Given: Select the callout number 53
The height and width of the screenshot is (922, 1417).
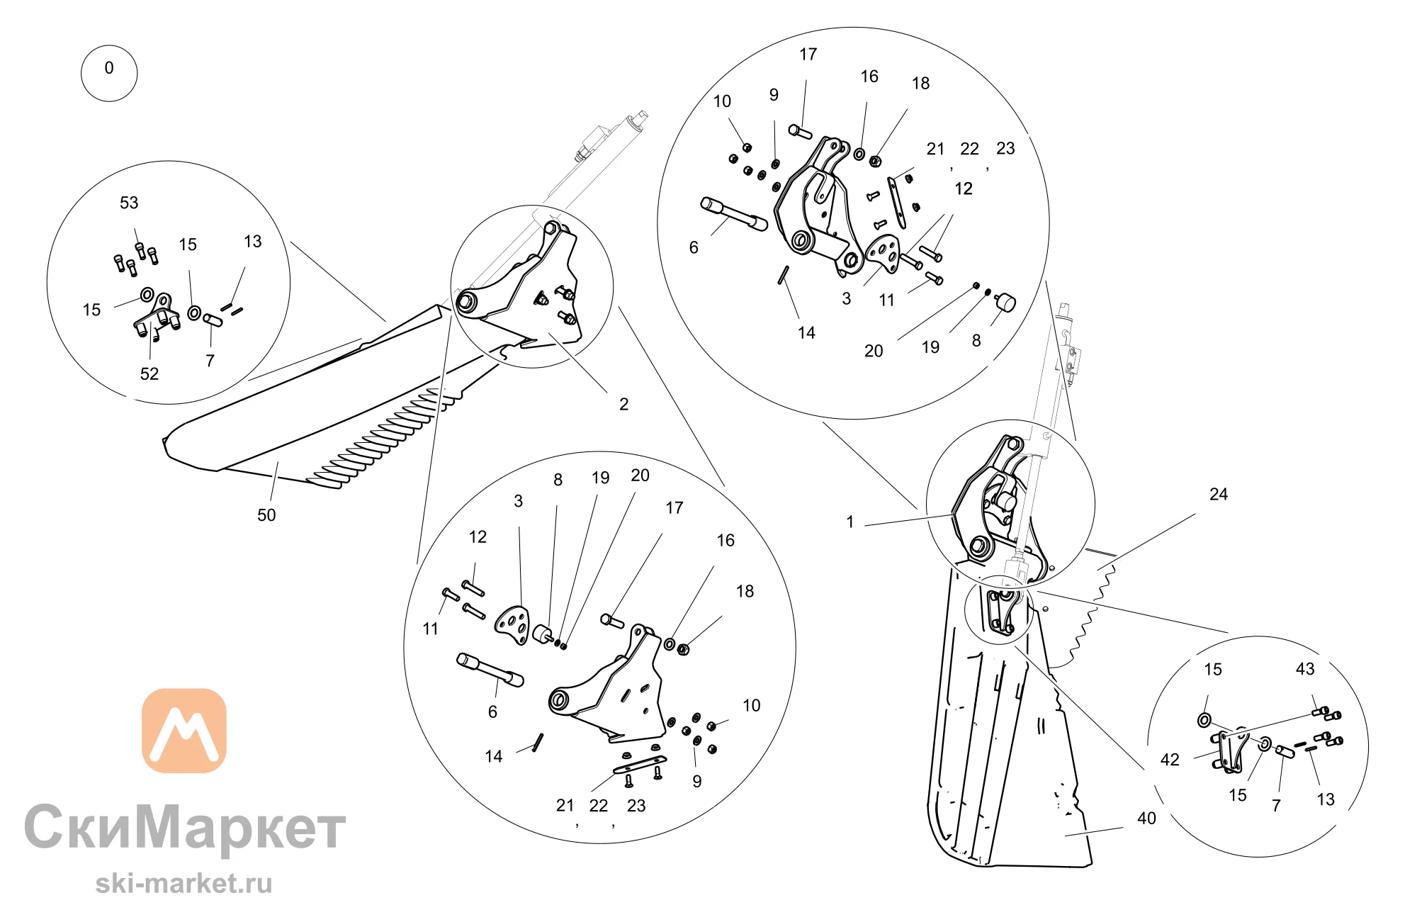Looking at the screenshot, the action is pyautogui.click(x=129, y=203).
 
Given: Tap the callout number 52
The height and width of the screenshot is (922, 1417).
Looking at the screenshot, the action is pyautogui.click(x=149, y=374).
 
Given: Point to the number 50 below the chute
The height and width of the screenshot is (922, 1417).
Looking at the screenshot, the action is pyautogui.click(x=266, y=515).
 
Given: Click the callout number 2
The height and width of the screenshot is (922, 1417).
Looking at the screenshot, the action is pyautogui.click(x=624, y=404).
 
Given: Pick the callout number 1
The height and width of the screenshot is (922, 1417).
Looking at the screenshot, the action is pyautogui.click(x=850, y=522).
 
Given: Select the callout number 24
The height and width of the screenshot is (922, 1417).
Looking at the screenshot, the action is pyautogui.click(x=1219, y=495).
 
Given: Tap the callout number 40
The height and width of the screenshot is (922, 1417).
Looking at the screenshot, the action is pyautogui.click(x=1146, y=819).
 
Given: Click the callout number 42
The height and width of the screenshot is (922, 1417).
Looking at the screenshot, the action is pyautogui.click(x=1170, y=760).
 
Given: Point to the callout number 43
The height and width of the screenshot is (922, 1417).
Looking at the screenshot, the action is pyautogui.click(x=1305, y=669).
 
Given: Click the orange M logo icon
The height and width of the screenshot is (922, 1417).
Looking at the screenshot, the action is pyautogui.click(x=184, y=731).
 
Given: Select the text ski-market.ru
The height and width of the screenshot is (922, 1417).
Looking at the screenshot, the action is pyautogui.click(x=184, y=884).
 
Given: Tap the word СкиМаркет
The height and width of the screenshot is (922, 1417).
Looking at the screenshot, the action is pyautogui.click(x=185, y=827).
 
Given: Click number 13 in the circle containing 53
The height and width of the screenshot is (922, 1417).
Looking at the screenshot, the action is pyautogui.click(x=252, y=242).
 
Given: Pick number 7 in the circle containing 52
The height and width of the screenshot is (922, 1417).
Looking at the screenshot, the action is pyautogui.click(x=210, y=361).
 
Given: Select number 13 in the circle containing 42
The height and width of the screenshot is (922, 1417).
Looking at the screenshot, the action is pyautogui.click(x=1326, y=799).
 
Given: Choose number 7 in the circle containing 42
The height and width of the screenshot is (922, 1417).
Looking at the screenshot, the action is pyautogui.click(x=1276, y=806).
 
